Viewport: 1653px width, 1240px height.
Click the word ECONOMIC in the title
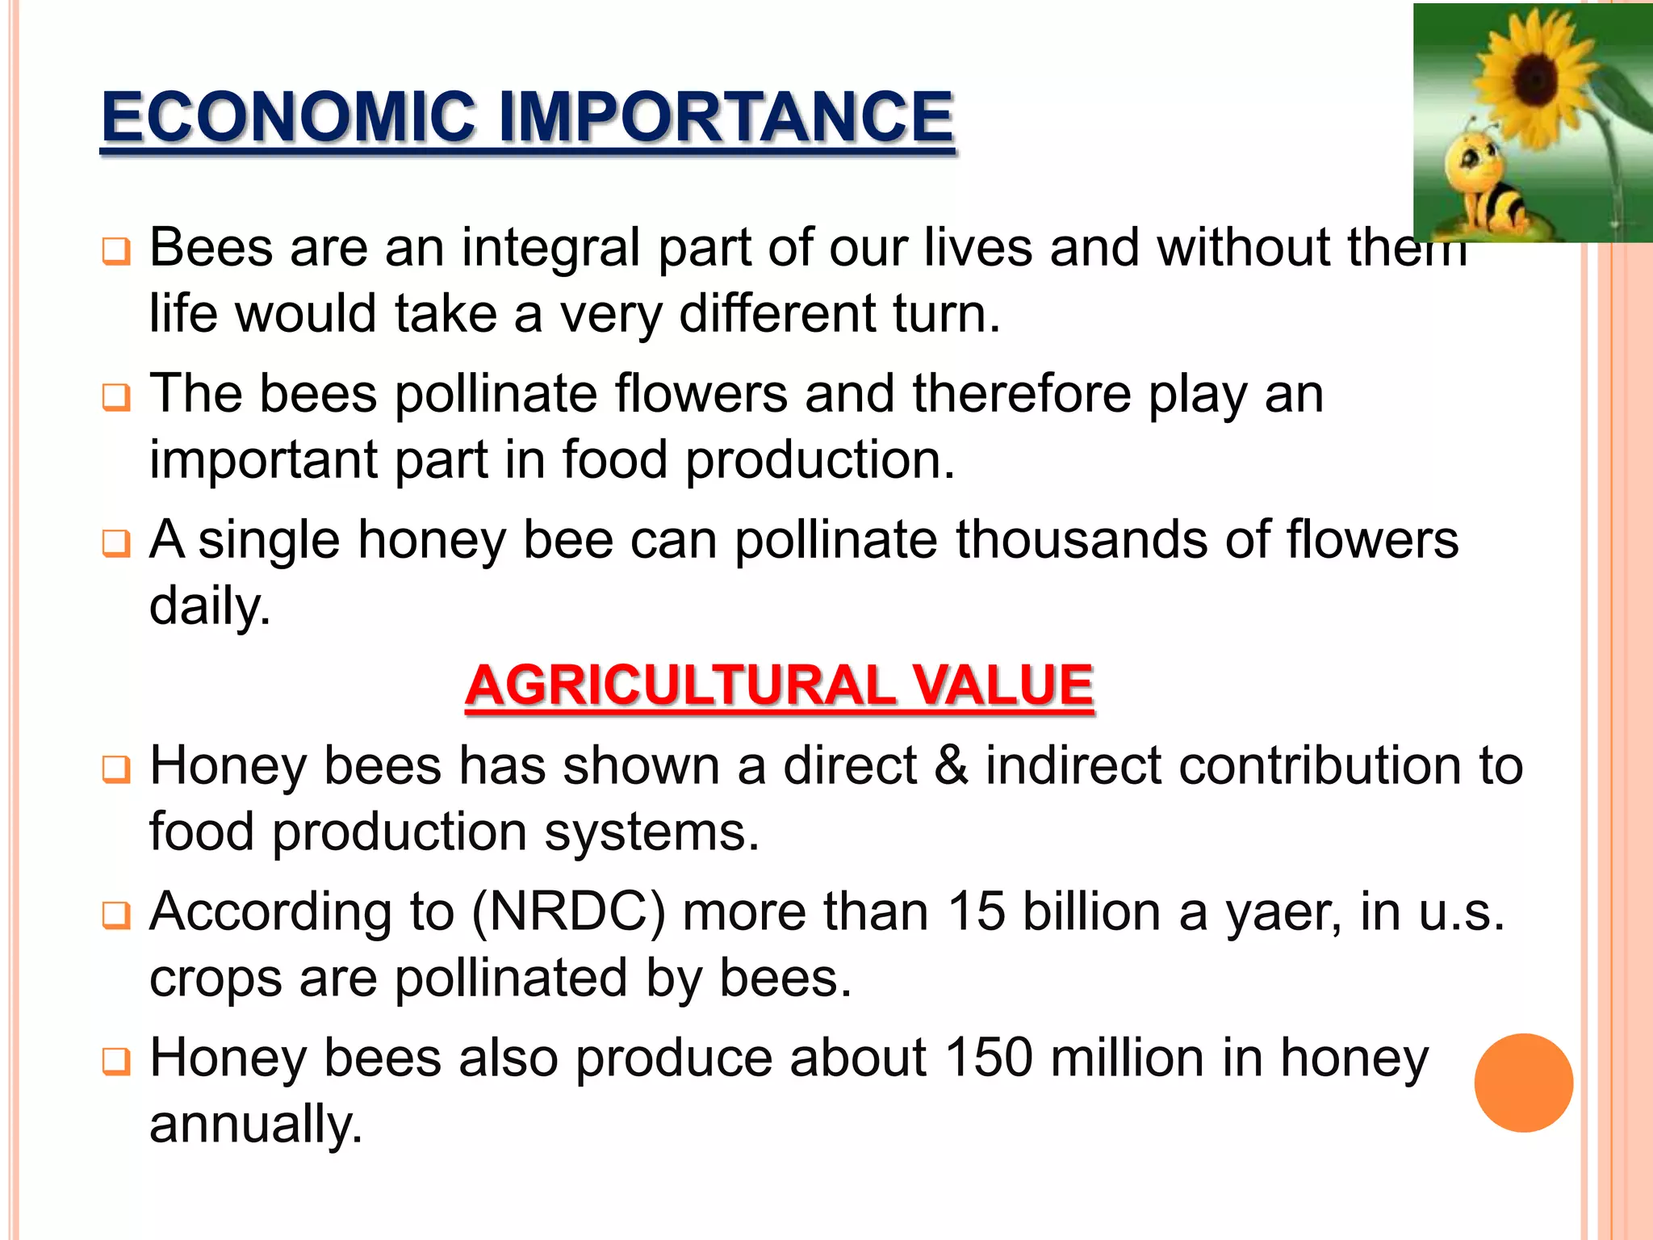pos(289,118)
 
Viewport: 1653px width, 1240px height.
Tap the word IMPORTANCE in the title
pos(726,118)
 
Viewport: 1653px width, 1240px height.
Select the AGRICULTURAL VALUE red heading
pos(779,686)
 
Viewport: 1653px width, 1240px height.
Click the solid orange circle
pos(1523,1083)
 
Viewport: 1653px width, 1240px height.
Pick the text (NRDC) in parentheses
pos(569,912)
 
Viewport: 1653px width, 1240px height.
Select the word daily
pos(210,607)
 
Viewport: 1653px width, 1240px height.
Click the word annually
pos(256,1125)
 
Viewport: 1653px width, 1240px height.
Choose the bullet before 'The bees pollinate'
pos(116,397)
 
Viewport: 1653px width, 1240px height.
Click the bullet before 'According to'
pos(116,915)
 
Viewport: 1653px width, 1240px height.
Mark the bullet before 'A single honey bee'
pos(116,543)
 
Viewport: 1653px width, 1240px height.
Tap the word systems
pos(651,833)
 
